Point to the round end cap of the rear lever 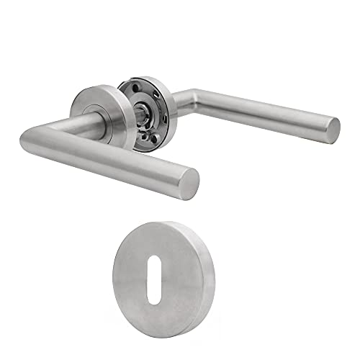(x=333, y=129)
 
